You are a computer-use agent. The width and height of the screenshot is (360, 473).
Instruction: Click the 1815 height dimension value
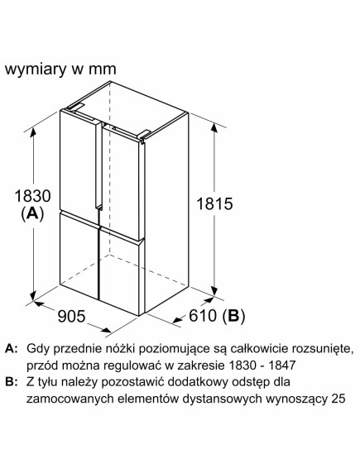pyautogui.click(x=214, y=203)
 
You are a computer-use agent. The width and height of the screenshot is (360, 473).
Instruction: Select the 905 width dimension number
pyautogui.click(x=71, y=316)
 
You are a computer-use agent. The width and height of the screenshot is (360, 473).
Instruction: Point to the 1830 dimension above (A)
pyautogui.click(x=32, y=195)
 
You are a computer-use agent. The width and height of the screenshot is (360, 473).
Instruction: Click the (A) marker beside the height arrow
pyautogui.click(x=32, y=214)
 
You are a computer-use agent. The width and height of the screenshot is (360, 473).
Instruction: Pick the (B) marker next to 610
pyautogui.click(x=233, y=316)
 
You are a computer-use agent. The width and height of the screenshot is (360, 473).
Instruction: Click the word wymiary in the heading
pyautogui.click(x=36, y=69)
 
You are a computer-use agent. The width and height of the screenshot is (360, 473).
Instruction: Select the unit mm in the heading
pyautogui.click(x=102, y=70)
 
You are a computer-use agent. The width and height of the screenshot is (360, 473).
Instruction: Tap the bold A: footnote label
pyautogui.click(x=12, y=349)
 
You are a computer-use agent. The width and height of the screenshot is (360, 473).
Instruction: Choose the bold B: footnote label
pyautogui.click(x=12, y=382)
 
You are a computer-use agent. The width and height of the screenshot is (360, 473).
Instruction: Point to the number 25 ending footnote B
pyautogui.click(x=338, y=399)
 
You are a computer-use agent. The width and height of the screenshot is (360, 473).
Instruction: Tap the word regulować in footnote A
pyautogui.click(x=132, y=365)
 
